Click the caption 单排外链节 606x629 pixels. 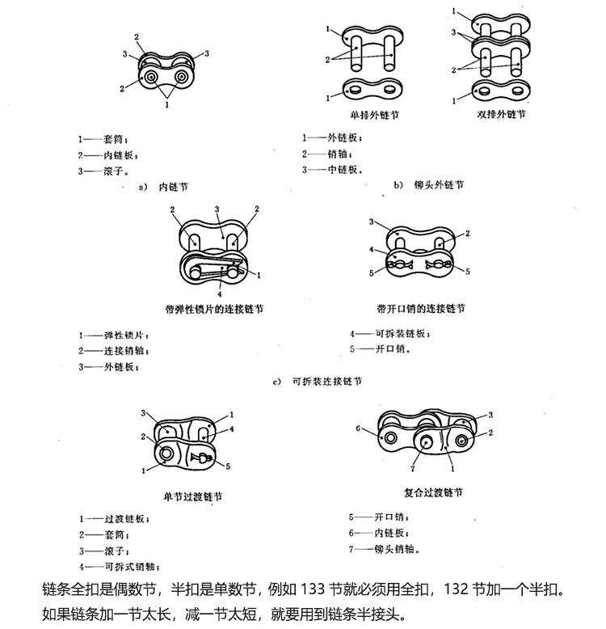click(x=374, y=115)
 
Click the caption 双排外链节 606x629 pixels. click(x=501, y=114)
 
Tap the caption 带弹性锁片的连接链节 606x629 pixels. click(x=214, y=309)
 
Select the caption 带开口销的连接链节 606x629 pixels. click(x=421, y=309)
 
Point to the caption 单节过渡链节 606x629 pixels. click(x=192, y=496)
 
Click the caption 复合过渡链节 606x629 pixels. click(x=433, y=492)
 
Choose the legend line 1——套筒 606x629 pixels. click(x=103, y=139)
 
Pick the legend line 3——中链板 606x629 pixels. click(x=333, y=170)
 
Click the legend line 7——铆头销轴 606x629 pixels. click(x=385, y=549)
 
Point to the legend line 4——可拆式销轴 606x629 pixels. click(x=120, y=567)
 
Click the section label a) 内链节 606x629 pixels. click(x=163, y=187)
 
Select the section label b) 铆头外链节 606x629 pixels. click(x=429, y=185)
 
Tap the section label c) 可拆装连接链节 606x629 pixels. click(x=318, y=381)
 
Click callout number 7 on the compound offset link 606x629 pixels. click(x=412, y=468)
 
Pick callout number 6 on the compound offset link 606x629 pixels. click(x=358, y=428)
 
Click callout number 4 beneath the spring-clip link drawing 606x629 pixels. click(x=220, y=294)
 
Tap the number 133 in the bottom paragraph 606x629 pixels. click(x=312, y=589)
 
